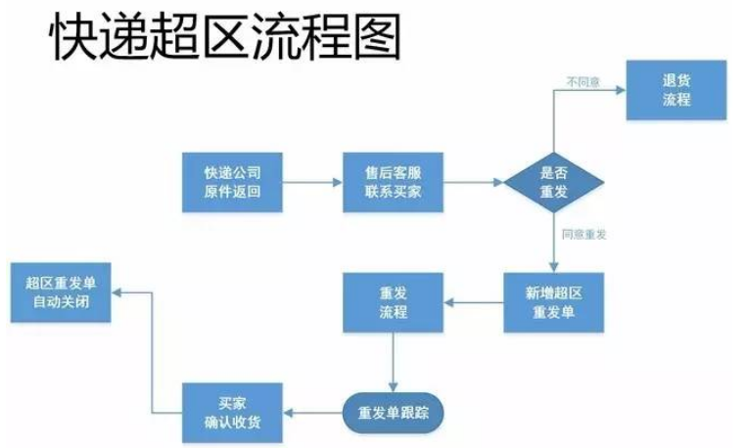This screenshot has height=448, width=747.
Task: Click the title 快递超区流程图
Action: click(x=226, y=38)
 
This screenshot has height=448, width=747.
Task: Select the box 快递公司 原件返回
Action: click(x=232, y=182)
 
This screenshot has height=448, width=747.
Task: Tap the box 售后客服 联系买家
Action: click(x=393, y=182)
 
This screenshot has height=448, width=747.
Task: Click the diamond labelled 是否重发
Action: click(x=554, y=182)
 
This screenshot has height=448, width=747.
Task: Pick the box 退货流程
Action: click(x=677, y=90)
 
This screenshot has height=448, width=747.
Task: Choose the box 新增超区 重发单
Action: click(x=554, y=302)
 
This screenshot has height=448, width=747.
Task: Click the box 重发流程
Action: click(x=393, y=302)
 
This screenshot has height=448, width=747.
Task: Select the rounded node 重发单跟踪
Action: click(x=393, y=412)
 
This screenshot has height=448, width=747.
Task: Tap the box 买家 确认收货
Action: click(x=232, y=412)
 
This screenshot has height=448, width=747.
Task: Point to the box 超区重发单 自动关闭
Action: click(x=60, y=291)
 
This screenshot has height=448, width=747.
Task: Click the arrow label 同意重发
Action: click(x=584, y=235)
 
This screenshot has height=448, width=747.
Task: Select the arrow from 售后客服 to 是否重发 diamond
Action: click(x=474, y=182)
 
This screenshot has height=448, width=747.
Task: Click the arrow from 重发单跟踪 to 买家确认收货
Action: click(x=312, y=412)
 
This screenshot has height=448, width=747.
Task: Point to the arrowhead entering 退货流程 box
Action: click(x=621, y=90)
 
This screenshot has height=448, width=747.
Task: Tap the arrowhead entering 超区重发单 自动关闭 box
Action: click(x=117, y=291)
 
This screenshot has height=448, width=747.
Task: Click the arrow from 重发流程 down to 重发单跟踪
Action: click(x=393, y=362)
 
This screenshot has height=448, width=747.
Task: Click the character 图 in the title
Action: click(x=377, y=38)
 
